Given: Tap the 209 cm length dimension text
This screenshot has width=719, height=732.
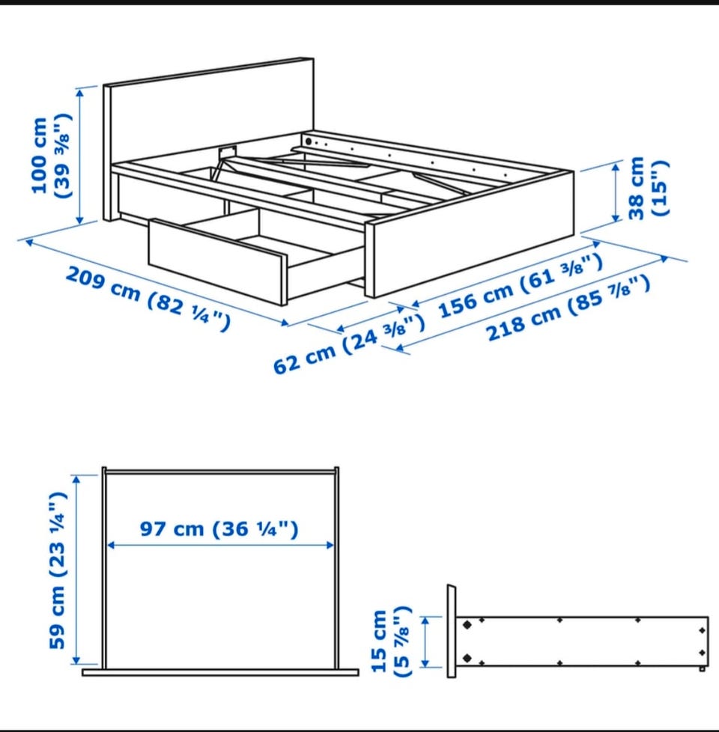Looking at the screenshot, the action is (148, 299).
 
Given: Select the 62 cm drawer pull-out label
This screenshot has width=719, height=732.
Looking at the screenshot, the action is (348, 344).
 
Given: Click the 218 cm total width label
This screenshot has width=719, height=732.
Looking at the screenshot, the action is (568, 309).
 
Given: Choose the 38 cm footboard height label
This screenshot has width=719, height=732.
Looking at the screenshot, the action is (649, 188).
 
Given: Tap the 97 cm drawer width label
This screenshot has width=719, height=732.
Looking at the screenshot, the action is (219, 529).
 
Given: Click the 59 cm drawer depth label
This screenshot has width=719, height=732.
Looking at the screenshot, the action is (58, 570).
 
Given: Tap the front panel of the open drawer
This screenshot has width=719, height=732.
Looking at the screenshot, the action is (217, 262).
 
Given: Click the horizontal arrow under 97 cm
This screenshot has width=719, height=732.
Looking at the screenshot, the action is (220, 545).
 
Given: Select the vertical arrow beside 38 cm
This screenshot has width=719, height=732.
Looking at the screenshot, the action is (616, 192).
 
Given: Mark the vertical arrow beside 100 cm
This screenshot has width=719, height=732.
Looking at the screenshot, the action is (80, 156).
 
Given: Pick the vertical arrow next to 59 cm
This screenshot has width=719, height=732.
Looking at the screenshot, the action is (77, 569).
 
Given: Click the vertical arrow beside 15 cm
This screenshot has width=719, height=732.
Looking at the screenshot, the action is (425, 641).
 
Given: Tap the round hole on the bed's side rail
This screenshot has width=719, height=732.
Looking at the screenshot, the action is (309, 141).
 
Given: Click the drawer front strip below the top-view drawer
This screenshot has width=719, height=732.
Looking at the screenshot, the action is (220, 672).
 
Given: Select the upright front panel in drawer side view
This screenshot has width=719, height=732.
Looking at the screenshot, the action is (452, 631).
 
